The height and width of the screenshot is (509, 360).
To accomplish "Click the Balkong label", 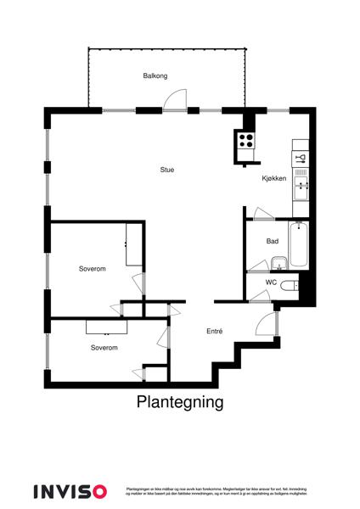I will coord(155,76).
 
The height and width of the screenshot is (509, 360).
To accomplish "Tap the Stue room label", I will coord(167,170).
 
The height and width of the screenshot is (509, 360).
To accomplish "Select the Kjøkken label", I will coord(274,178).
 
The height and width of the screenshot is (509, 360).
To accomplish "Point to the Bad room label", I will coord(273,242).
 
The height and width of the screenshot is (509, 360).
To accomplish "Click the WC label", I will coord(272,282).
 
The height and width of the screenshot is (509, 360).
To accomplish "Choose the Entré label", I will coord(214,332).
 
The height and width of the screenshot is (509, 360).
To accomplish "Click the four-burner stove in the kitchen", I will coord(245,142).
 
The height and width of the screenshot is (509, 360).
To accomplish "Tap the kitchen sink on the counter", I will coord(301,181).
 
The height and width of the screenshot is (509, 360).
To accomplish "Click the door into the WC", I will coord(258,294).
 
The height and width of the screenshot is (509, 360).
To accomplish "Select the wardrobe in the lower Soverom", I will coord(106,326).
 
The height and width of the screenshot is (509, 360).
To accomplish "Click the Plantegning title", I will coord(180,402).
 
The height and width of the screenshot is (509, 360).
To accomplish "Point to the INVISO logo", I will coord(70,490).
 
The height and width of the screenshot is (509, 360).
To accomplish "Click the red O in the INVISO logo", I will coord(100,490).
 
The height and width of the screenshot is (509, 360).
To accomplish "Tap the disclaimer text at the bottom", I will coord(216,491).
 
